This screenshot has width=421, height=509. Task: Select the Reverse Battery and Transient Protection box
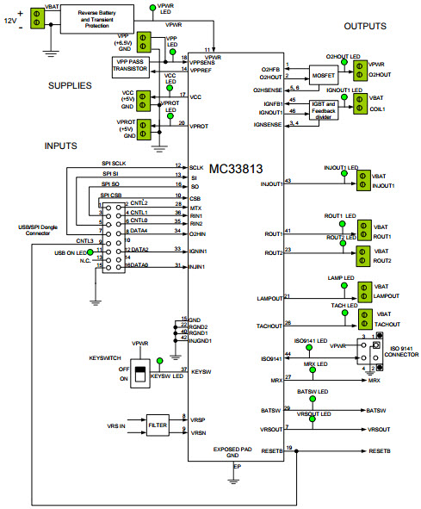tap(102, 20)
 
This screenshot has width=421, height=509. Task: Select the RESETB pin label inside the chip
tap(271, 450)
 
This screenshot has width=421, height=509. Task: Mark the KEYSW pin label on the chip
tap(201, 371)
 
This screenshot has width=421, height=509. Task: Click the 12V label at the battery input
tap(9, 19)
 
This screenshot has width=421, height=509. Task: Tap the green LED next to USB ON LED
tap(91, 251)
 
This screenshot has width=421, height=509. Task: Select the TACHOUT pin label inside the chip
tap(270, 325)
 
